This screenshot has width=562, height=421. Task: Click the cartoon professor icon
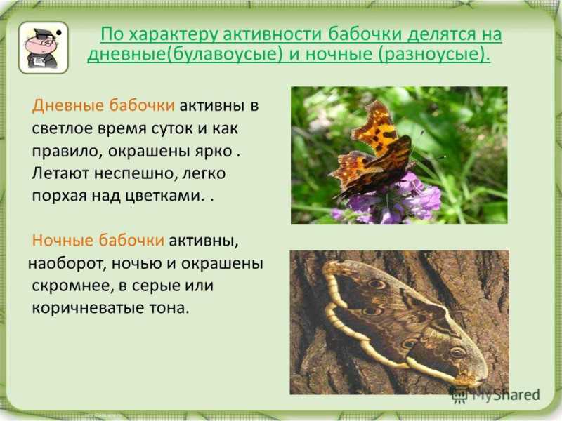pos(43,48)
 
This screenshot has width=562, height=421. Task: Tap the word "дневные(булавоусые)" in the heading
pos(183,55)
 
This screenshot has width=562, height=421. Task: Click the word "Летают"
pos(60,173)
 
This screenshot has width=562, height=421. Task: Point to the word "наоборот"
pos(67,264)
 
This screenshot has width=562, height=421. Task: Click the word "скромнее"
pos(71,286)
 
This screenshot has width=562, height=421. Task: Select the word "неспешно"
pos(136,173)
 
